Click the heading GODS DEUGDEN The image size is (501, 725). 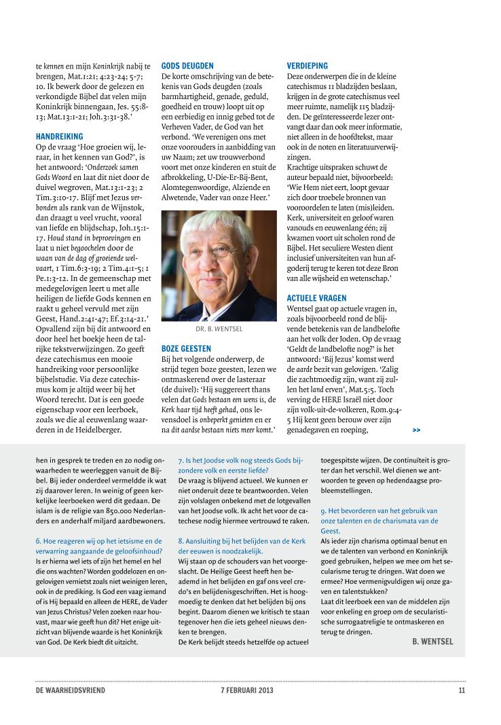(187, 67)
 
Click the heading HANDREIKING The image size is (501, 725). (59, 136)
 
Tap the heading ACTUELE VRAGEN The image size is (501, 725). (317, 298)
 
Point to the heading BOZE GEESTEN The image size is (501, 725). (186, 348)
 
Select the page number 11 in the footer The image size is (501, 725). (461, 691)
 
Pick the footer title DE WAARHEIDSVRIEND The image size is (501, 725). (71, 691)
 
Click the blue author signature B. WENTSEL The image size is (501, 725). (432, 641)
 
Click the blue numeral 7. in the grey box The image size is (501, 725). (180, 460)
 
